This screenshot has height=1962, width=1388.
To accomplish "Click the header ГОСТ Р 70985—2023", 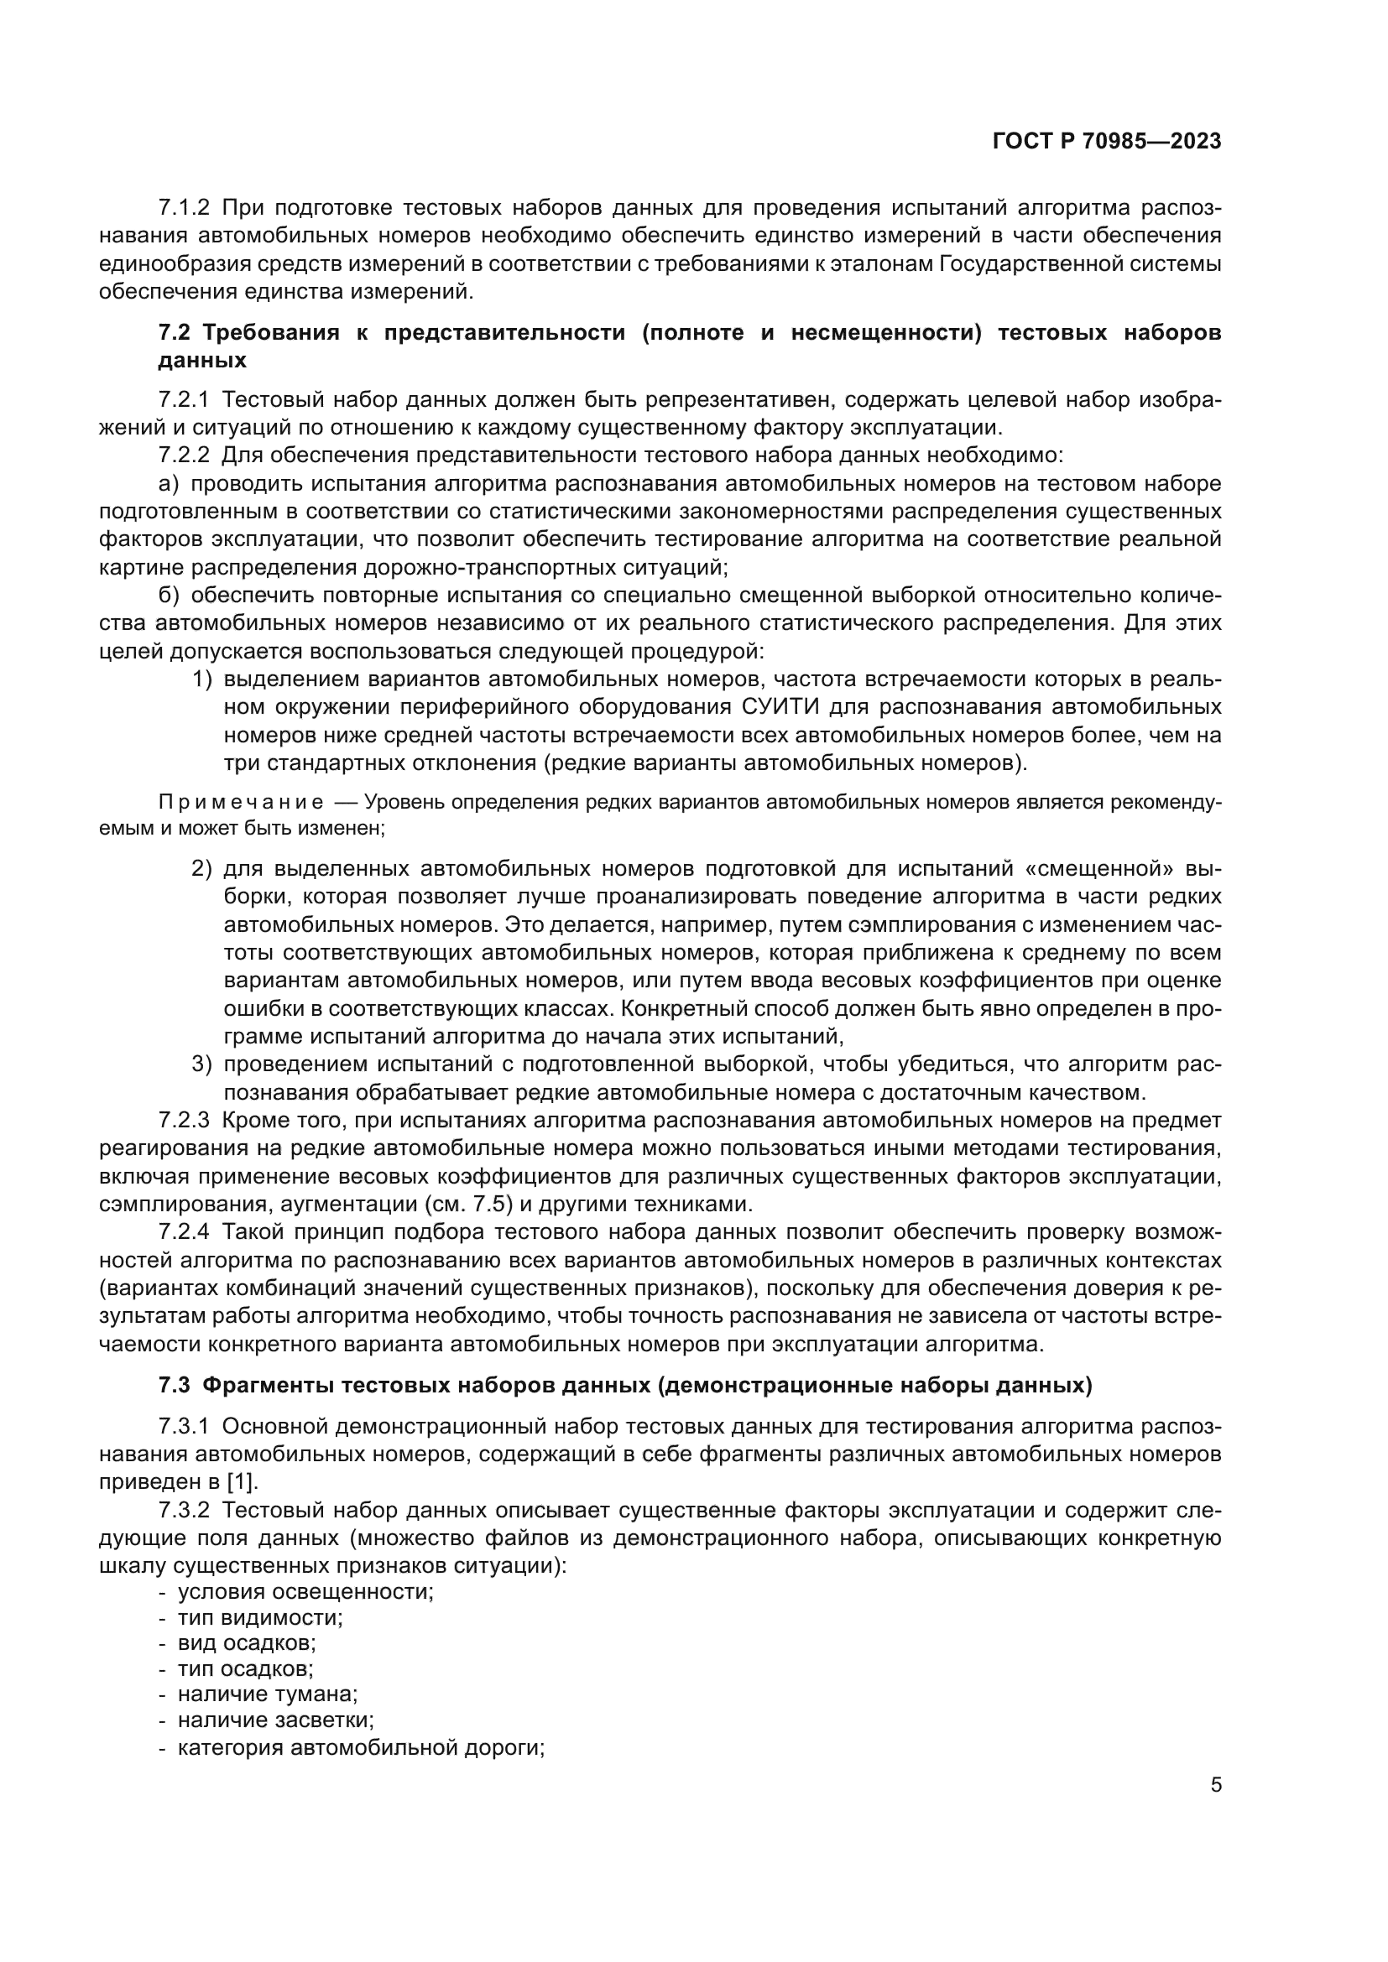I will [x=1107, y=142].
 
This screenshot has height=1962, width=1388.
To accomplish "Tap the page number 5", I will [x=1215, y=1785].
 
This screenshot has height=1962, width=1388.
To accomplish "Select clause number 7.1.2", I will [x=184, y=208].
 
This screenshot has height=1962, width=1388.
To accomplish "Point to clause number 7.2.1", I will [x=184, y=400].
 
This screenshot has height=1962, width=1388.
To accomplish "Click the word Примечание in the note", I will [x=241, y=803].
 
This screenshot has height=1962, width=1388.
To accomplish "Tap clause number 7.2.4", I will [x=184, y=1232].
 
